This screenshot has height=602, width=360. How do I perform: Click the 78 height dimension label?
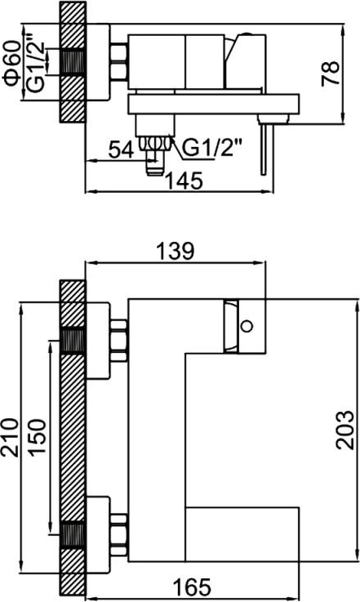[331, 73]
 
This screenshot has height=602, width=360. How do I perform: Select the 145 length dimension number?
[184, 181]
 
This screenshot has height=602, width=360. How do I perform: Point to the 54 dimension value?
[122, 149]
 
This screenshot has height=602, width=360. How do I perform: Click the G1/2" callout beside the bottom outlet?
[212, 147]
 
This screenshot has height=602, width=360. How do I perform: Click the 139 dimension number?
[176, 251]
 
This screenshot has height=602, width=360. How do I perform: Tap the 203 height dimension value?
[345, 430]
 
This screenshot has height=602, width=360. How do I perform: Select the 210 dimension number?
[10, 438]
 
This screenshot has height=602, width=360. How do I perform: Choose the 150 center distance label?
[38, 438]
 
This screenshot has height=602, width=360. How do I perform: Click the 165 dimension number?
[193, 586]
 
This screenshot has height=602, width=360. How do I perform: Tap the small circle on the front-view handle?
[247, 326]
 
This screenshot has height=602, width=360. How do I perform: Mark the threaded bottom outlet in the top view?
[154, 155]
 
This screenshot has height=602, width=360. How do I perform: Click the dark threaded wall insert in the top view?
[72, 62]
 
